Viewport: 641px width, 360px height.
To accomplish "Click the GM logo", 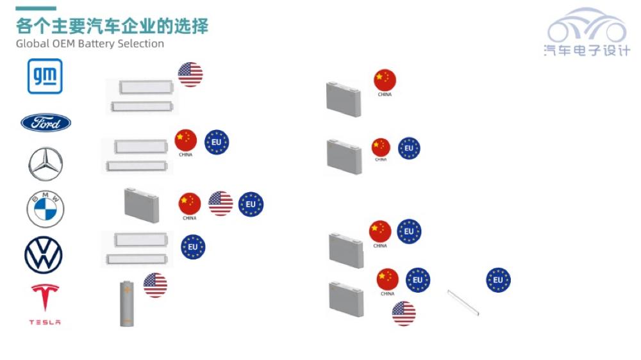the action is (45, 76).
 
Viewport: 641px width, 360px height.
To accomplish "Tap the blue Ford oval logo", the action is (46, 122).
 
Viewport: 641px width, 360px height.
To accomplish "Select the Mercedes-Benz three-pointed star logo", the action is (46, 164).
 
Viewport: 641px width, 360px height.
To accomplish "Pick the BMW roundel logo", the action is (46, 209).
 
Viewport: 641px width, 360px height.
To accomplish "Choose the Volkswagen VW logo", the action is (44, 255).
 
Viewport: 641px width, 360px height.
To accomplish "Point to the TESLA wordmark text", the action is (45, 322).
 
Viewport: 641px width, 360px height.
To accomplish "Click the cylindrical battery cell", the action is (127, 304).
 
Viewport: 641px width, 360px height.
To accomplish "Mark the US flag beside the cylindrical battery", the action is (155, 285).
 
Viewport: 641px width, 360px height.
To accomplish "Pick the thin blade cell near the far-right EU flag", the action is (463, 303).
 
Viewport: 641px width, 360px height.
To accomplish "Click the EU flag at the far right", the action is (498, 280).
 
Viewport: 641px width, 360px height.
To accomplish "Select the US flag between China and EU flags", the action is (221, 204).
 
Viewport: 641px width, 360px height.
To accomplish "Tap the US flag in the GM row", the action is (190, 74).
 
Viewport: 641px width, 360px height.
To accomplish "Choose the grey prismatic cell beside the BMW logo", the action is (142, 205).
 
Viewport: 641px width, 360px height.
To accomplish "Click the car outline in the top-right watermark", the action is (587, 26).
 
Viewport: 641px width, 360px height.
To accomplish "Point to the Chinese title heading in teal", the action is (112, 26).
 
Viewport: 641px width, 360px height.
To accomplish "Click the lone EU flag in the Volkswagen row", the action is (193, 247).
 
